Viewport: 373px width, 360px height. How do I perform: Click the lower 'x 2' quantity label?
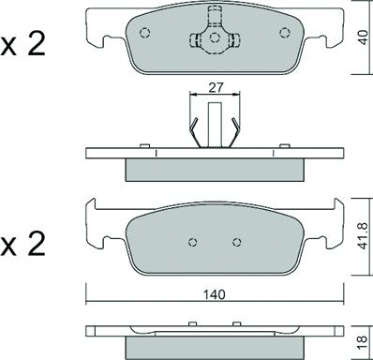[23, 247]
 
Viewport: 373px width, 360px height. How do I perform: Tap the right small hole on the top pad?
[284, 31]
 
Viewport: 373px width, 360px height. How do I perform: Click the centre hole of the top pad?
[215, 37]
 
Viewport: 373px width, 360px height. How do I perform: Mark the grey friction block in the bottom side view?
[215, 349]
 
